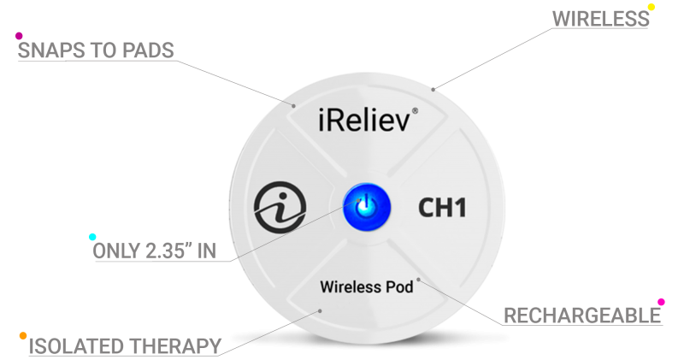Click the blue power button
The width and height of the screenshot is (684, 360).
tap(367, 206)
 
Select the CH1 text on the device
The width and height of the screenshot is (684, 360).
tap(441, 208)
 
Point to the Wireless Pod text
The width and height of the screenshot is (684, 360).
tap(366, 286)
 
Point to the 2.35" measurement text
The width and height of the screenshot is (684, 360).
tap(174, 253)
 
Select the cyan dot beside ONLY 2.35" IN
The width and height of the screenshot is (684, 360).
tap(92, 237)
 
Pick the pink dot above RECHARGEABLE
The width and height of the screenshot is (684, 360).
tap(660, 302)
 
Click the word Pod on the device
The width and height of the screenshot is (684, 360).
tap(399, 286)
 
